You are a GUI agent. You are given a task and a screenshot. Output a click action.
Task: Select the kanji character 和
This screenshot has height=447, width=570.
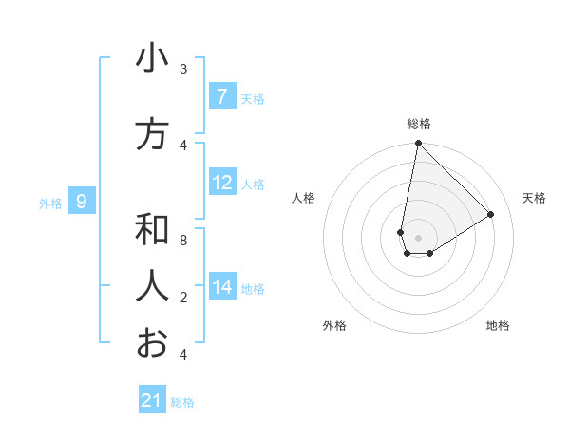152,230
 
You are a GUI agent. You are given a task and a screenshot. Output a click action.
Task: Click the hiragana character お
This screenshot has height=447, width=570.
152,342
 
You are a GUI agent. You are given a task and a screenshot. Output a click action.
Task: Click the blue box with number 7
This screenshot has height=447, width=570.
221,97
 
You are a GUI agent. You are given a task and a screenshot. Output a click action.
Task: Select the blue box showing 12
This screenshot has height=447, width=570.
221,183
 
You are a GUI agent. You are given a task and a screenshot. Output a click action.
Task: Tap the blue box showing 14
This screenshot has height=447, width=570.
221,287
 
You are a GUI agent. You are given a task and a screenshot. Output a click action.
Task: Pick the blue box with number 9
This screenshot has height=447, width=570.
82,201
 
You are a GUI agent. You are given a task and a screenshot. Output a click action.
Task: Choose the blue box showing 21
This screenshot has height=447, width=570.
152,400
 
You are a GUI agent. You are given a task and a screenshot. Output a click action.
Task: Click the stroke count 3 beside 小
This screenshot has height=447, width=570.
183,69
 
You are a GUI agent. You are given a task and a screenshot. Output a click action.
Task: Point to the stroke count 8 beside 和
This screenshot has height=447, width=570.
183,241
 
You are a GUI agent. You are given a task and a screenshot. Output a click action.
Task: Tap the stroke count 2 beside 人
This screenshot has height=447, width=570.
183,298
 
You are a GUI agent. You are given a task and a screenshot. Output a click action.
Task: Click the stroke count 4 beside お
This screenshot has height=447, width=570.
183,355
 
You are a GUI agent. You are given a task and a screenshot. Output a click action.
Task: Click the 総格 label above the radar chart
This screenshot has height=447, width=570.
419,124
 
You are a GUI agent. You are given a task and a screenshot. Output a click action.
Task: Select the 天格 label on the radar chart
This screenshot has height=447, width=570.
534,198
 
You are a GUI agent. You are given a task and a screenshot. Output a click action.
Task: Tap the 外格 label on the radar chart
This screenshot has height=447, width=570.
334,325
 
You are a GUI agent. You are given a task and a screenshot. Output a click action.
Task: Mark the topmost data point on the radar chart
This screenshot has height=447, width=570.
418,144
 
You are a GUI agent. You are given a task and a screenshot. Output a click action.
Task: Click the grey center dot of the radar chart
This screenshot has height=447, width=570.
418,238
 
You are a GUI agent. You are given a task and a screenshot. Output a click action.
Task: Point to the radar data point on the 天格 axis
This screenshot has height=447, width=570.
491,214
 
